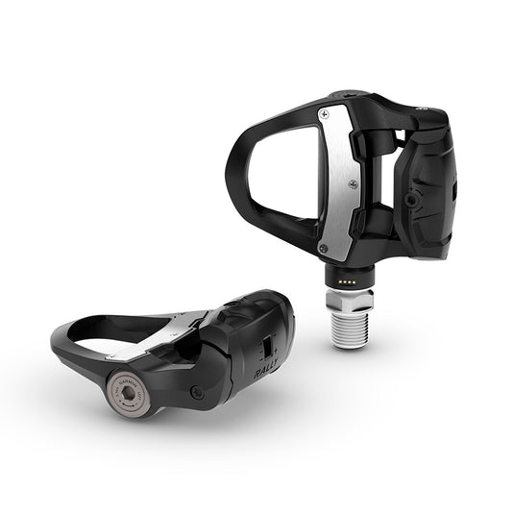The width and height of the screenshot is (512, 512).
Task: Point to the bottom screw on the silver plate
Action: pos(322,248)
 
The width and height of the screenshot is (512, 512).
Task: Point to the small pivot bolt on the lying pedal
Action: pos(196,392)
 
